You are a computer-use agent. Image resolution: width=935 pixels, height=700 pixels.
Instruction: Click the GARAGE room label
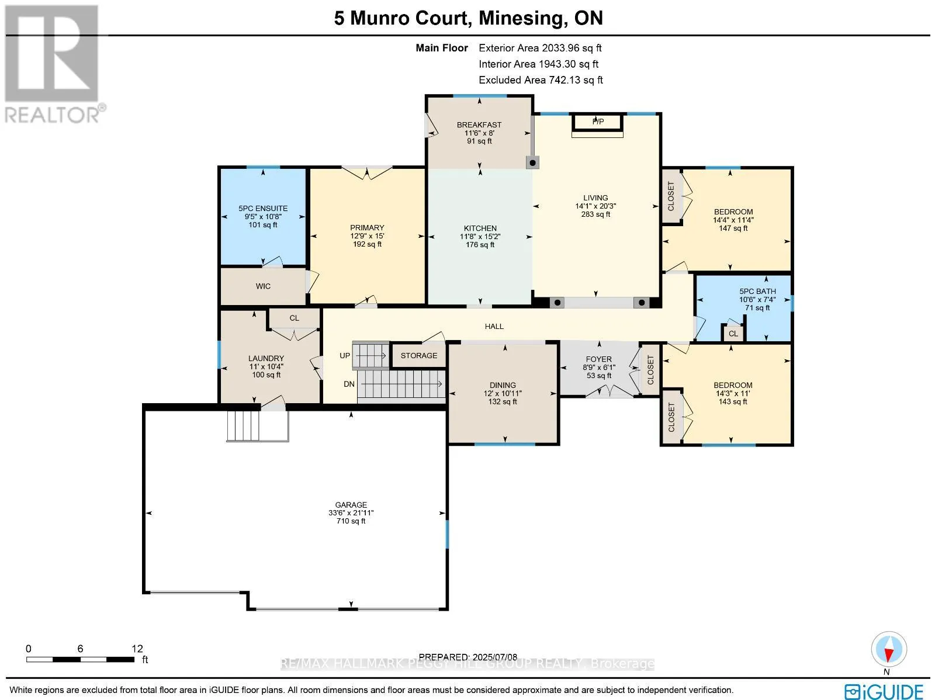(x=351, y=505)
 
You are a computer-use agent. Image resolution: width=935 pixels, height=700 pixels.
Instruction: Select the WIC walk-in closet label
(x=263, y=286)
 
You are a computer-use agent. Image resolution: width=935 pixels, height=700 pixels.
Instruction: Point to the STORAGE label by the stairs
(x=419, y=355)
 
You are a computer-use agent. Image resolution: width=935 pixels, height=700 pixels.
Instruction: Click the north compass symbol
(x=889, y=650)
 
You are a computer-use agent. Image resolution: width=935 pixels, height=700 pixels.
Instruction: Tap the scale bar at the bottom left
(x=80, y=660)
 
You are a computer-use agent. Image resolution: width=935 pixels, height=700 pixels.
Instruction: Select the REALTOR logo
(x=53, y=64)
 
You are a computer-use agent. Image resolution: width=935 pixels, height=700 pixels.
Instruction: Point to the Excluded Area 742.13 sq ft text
(x=541, y=80)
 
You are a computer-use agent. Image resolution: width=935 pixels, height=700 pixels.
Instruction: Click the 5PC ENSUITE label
(x=263, y=208)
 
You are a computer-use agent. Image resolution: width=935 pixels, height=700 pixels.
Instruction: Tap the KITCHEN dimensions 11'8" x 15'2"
(x=480, y=236)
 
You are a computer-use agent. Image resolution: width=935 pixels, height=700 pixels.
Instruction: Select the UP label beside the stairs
(x=345, y=355)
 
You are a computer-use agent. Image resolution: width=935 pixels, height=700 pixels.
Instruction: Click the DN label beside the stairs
(x=349, y=384)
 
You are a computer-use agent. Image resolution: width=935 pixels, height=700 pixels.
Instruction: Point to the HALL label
(x=494, y=327)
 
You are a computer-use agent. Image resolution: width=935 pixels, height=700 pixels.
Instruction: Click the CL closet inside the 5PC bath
(x=733, y=333)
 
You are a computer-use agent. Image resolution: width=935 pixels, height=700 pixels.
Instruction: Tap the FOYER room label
(x=598, y=359)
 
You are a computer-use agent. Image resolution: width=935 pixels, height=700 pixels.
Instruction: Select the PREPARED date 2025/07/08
(x=494, y=657)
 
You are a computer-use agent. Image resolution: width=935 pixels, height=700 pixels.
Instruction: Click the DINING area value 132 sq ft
(x=503, y=401)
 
